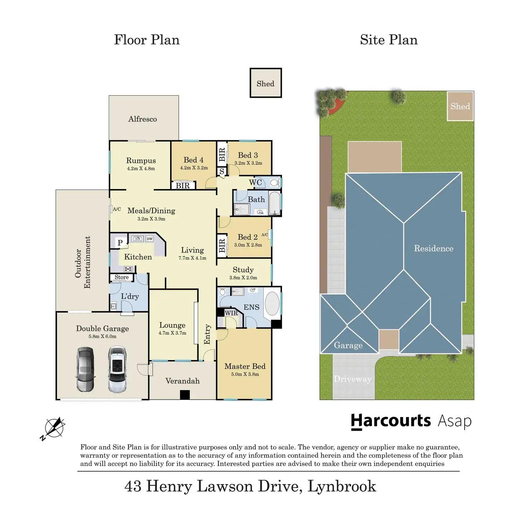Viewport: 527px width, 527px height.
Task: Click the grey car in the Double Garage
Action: click(85, 369)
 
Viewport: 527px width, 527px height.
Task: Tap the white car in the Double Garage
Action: click(117, 369)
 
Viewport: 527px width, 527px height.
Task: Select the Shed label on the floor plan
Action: click(265, 84)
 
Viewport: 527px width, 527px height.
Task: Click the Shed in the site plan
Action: click(460, 106)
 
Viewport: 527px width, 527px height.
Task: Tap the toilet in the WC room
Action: click(275, 183)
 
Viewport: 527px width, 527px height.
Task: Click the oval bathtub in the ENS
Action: click(272, 304)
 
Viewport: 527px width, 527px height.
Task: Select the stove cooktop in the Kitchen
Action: click(128, 269)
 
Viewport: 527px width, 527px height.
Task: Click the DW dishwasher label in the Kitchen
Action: click(149, 239)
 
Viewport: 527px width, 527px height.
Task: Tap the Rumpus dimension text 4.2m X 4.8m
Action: click(141, 169)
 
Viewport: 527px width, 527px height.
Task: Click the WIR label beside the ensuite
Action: click(231, 313)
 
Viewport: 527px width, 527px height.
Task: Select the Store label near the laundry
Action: click(121, 277)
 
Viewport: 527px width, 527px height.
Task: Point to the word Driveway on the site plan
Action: click(353, 379)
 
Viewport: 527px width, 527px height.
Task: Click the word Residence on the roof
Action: click(434, 248)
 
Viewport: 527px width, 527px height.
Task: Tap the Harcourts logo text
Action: click(391, 421)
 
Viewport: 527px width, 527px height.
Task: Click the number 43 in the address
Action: click(133, 486)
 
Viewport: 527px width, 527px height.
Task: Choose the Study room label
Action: click(243, 270)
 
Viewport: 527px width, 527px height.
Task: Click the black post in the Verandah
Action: click(185, 395)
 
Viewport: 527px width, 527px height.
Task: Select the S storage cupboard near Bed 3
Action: click(222, 171)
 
